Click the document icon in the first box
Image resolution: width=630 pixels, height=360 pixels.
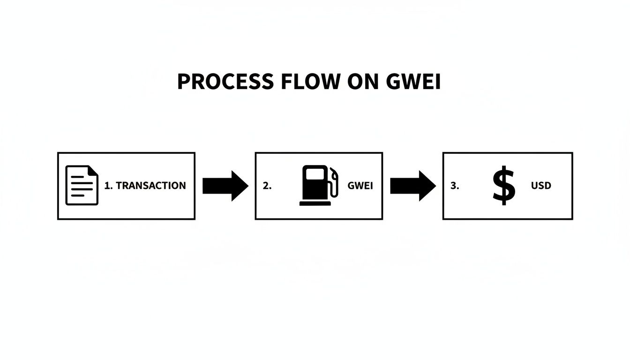82,185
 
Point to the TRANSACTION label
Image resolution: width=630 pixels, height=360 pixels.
151,186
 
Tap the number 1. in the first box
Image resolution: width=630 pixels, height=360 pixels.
108,186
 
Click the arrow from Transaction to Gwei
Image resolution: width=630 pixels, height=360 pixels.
225,186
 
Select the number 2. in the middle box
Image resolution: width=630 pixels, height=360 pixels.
267,186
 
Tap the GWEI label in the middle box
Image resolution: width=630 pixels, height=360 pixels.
360,186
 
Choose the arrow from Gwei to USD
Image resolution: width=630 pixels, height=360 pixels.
412,186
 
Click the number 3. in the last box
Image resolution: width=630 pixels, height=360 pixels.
455,186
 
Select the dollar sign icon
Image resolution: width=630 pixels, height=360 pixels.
504,186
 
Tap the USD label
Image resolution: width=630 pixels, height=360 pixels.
541,186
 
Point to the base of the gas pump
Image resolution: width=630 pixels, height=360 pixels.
315,203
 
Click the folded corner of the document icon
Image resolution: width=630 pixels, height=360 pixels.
93,171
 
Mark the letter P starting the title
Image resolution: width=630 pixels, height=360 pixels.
183,82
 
